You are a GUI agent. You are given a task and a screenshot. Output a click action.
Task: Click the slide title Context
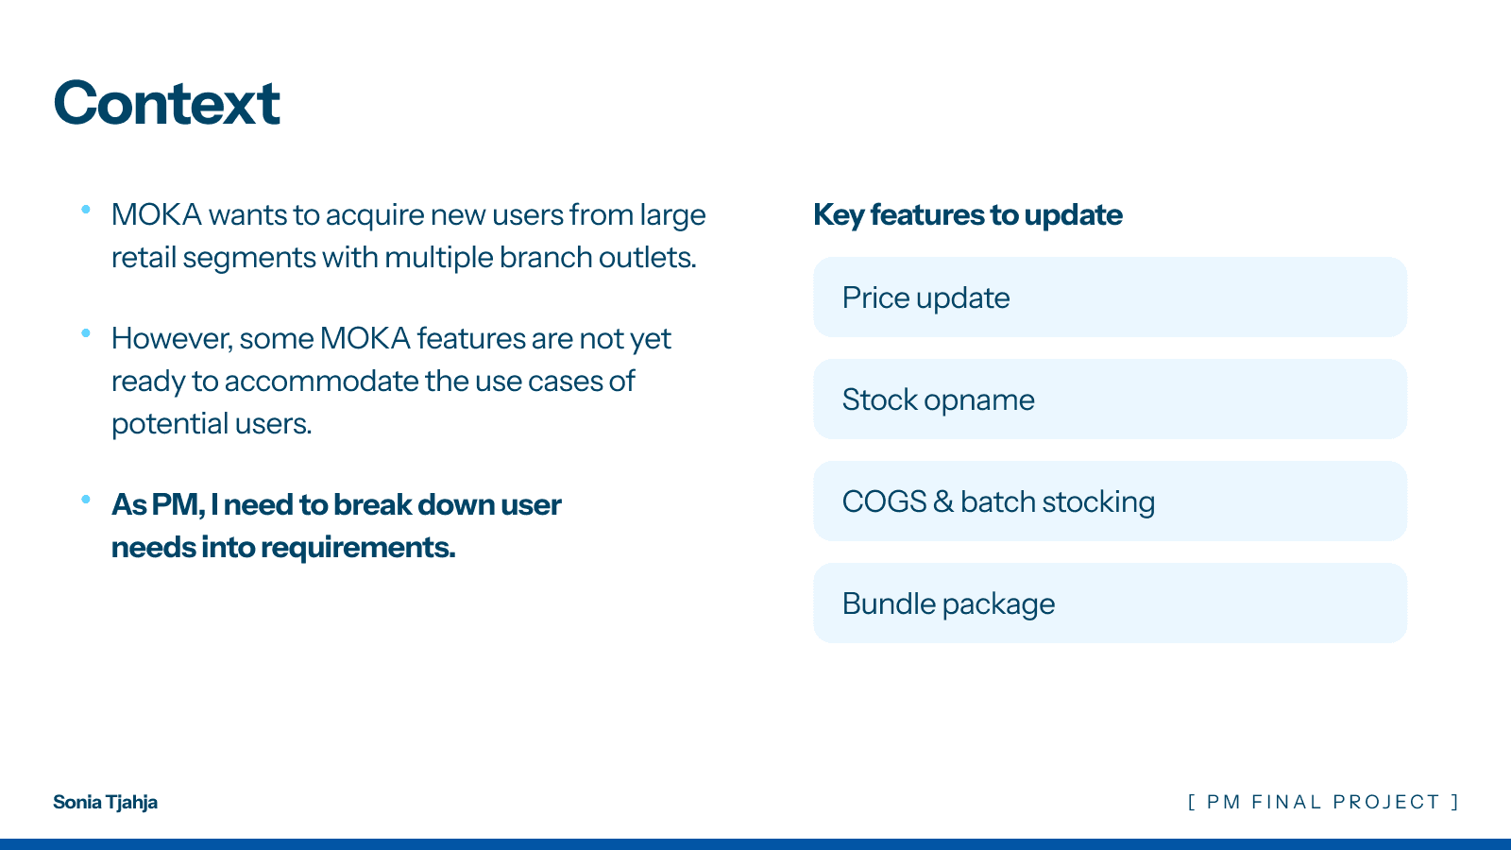tap(166, 103)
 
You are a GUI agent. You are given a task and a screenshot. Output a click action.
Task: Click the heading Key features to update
tap(968, 215)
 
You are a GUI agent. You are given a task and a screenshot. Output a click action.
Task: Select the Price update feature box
tap(1110, 297)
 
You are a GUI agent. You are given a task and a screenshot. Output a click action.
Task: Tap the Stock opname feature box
tap(1110, 399)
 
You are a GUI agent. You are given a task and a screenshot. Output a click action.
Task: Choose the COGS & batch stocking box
tap(1110, 501)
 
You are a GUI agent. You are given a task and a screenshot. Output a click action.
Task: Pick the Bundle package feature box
tap(1110, 603)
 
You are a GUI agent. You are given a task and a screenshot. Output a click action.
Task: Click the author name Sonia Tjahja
tap(105, 802)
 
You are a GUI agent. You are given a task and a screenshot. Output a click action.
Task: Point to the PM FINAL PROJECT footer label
tap(1323, 802)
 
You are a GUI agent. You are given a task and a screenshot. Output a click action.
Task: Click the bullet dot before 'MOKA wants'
tap(86, 210)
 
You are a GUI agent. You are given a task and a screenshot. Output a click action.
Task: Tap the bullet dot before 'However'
tap(86, 333)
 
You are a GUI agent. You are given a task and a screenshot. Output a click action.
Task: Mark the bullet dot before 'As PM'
tap(86, 500)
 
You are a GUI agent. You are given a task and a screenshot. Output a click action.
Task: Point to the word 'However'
tap(172, 339)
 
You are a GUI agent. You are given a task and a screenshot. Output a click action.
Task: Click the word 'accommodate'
tap(322, 382)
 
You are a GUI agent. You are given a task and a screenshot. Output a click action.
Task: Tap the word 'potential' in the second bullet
tap(170, 424)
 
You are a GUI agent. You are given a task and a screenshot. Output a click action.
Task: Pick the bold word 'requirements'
tap(358, 547)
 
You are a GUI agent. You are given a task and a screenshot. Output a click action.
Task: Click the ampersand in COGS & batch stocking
tap(943, 501)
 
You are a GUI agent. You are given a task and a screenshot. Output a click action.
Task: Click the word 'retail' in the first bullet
tap(144, 257)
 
